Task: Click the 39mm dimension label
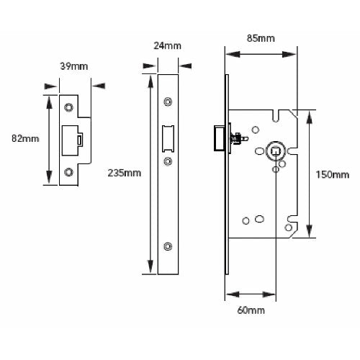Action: pyautogui.click(x=73, y=66)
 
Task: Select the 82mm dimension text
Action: pyautogui.click(x=27, y=138)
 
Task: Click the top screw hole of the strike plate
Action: pyautogui.click(x=69, y=107)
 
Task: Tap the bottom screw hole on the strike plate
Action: pyautogui.click(x=69, y=171)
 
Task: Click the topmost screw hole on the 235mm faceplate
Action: pyautogui.click(x=168, y=101)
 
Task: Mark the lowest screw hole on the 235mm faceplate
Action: pyautogui.click(x=168, y=246)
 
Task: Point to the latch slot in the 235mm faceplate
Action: pyautogui.click(x=167, y=139)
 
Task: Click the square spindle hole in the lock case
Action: pyautogui.click(x=275, y=152)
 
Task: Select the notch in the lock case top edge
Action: pyautogui.click(x=276, y=113)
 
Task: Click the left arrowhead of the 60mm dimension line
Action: pyautogui.click(x=229, y=294)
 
